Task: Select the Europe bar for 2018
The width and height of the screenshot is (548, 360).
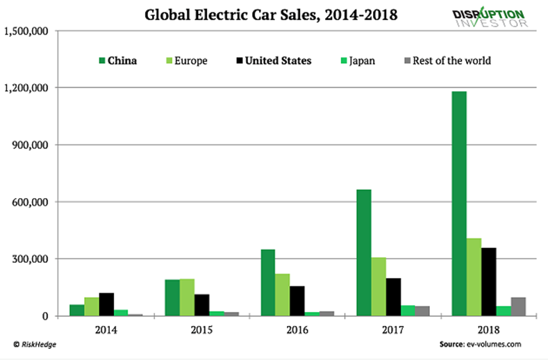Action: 474,277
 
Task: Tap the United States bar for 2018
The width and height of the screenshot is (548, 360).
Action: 490,281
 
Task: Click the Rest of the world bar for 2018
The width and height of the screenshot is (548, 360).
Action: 518,306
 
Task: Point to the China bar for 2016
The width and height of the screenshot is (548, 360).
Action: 267,282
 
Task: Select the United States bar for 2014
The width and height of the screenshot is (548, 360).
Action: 107,304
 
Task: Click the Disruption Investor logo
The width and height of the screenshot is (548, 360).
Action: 490,18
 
